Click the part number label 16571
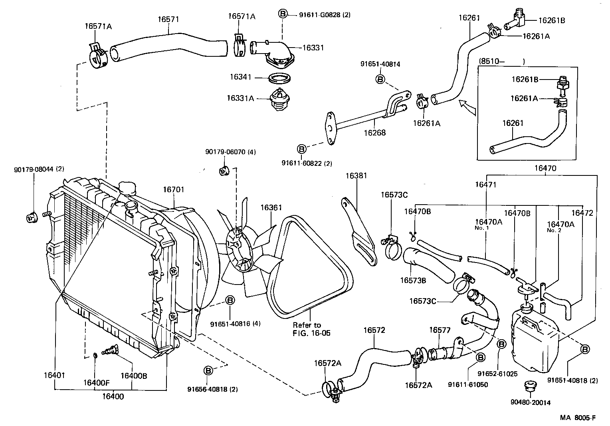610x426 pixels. click(168, 19)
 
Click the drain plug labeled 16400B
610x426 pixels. click(110, 351)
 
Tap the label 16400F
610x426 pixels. click(96, 382)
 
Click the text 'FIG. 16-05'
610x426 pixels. click(311, 333)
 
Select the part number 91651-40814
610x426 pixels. click(380, 64)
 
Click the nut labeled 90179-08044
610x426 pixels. click(31, 218)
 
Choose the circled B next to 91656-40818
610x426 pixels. click(208, 370)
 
